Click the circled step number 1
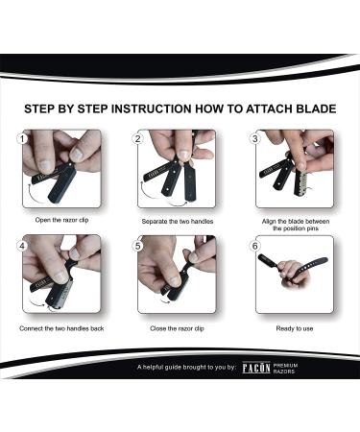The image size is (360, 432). click(x=22, y=139)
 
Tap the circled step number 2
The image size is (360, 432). click(x=138, y=139)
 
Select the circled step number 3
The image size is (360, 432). click(x=255, y=139)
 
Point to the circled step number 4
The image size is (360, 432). click(x=22, y=246)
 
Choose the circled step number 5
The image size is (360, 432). click(x=138, y=246)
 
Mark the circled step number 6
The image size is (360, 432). click(x=255, y=246)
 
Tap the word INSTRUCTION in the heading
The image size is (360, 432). click(x=151, y=108)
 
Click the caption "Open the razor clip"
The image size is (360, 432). click(x=61, y=220)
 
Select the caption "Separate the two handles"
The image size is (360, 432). click(x=178, y=222)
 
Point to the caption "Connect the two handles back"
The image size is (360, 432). click(x=61, y=328)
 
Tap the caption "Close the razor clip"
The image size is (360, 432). click(x=177, y=328)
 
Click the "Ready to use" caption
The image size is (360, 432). click(x=295, y=328)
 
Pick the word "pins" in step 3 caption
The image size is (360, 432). click(x=312, y=228)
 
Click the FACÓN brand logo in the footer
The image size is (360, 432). click(x=256, y=368)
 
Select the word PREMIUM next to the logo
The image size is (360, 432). click(x=285, y=365)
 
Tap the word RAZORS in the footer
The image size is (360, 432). click(x=284, y=372)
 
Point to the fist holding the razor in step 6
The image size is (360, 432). click(x=294, y=273)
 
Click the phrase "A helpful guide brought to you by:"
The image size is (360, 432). click(x=186, y=367)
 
